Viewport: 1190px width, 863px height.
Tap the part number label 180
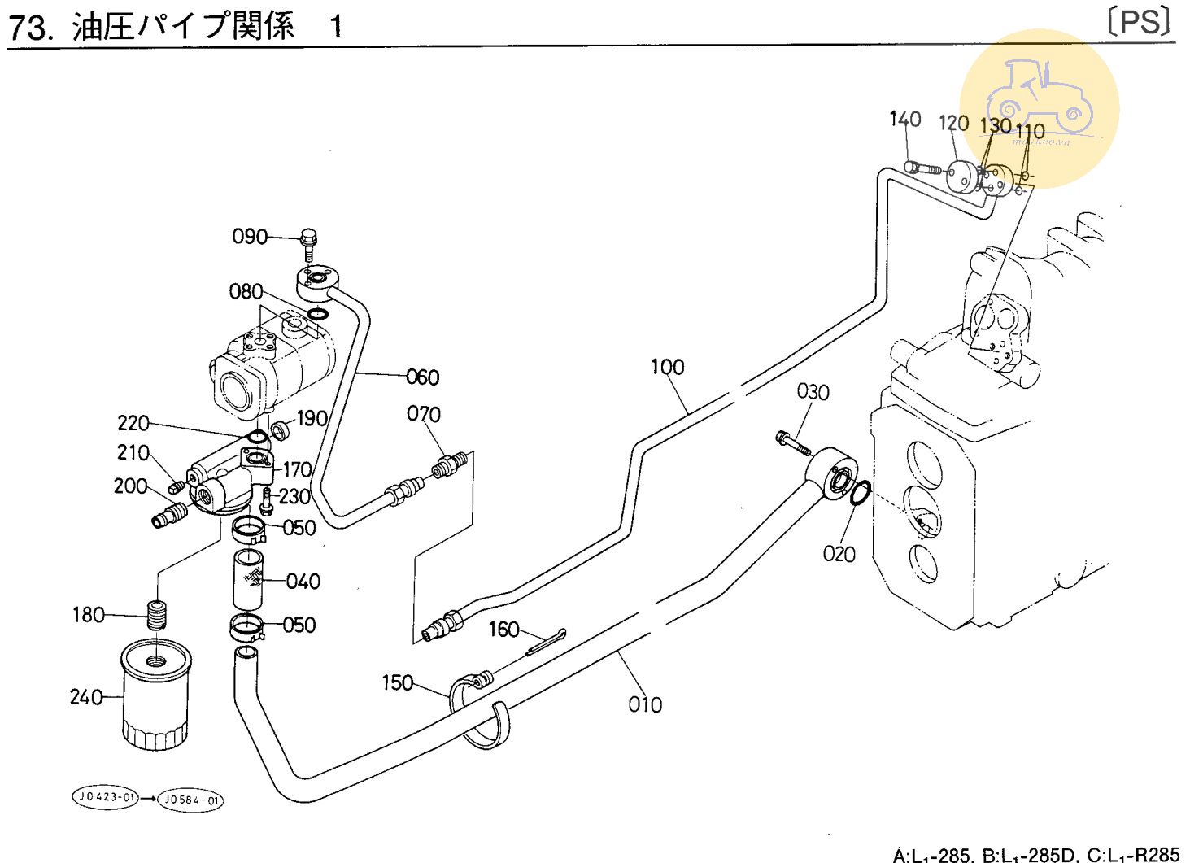89,615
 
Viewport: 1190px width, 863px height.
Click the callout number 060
422,377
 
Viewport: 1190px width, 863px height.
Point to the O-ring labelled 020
861,493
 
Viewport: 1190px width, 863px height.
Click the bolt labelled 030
792,442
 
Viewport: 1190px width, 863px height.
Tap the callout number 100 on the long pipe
667,368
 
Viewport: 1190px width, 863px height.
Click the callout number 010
645,704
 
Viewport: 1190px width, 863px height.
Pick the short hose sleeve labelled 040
248,579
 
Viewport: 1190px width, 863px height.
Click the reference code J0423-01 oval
103,798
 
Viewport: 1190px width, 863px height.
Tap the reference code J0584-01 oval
190,800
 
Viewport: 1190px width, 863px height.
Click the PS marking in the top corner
1142,22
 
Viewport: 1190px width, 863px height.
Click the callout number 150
398,683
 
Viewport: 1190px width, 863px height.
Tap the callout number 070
424,415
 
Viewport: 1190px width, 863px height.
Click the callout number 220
133,423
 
